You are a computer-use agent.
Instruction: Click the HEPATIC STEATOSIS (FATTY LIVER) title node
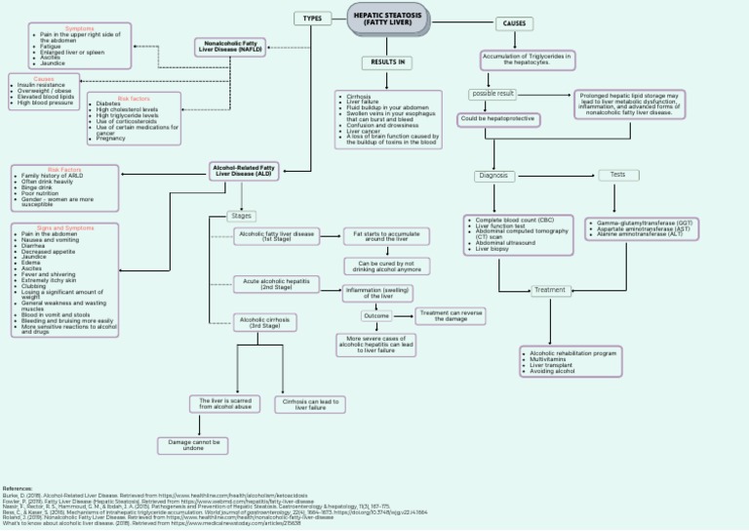click(x=387, y=19)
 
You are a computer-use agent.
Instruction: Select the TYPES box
click(x=312, y=19)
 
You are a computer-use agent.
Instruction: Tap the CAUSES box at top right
click(x=514, y=23)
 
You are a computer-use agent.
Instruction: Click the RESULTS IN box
click(x=387, y=62)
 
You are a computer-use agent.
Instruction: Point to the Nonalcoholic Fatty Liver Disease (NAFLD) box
click(x=231, y=46)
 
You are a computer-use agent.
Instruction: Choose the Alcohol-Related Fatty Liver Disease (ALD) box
click(x=244, y=171)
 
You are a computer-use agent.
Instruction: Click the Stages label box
click(x=241, y=216)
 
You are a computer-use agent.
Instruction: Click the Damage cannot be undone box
click(x=193, y=445)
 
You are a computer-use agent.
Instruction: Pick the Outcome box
click(x=376, y=316)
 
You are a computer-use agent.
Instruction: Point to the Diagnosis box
click(x=494, y=176)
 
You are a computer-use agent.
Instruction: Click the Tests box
click(x=618, y=175)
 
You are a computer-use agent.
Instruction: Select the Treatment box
click(x=550, y=290)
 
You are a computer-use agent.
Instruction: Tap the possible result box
click(x=493, y=94)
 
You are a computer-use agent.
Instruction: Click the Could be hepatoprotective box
click(x=498, y=118)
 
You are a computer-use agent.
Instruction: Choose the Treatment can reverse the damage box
click(x=450, y=315)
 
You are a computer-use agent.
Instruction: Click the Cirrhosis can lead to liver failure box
click(x=311, y=403)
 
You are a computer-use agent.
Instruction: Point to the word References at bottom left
click(x=18, y=487)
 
